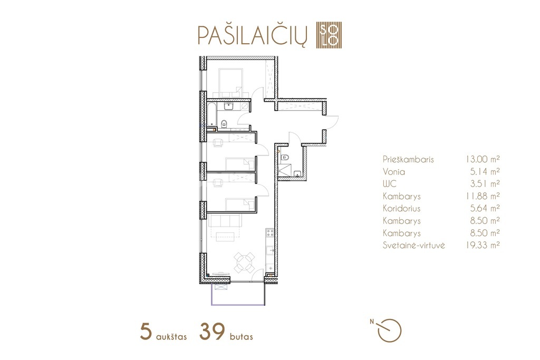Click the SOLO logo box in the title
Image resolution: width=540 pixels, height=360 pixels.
(x=329, y=35)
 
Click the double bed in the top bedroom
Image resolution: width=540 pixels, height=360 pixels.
(x=231, y=83)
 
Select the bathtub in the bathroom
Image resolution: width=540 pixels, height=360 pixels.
(x=212, y=114)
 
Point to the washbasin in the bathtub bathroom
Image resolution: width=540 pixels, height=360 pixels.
(x=229, y=106)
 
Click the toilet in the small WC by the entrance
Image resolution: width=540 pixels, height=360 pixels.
(x=284, y=158)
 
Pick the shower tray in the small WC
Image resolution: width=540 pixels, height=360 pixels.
(x=284, y=170)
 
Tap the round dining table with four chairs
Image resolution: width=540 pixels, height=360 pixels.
(x=245, y=262)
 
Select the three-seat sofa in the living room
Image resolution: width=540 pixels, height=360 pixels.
(x=225, y=221)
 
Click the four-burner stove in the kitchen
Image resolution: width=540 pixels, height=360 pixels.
(x=270, y=233)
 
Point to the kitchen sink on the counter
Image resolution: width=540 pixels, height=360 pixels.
(x=270, y=251)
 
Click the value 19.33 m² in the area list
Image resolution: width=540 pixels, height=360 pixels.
(x=481, y=245)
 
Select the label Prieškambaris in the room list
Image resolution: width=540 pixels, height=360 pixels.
(x=408, y=159)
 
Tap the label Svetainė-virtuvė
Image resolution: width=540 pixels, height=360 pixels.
(x=413, y=246)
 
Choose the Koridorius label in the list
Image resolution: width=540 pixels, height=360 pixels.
(x=401, y=208)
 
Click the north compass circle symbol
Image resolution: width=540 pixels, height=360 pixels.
(x=390, y=330)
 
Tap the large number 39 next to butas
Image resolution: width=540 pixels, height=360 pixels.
(x=212, y=332)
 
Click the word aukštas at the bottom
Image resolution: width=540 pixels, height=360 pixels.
(x=171, y=336)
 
